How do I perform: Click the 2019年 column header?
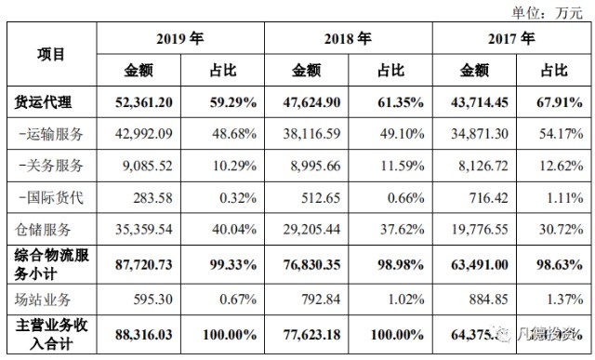tap(180, 39)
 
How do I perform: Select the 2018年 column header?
tap(348, 39)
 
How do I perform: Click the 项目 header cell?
tap(51, 54)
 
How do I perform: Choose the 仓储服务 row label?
tap(44, 228)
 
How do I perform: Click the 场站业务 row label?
tap(44, 298)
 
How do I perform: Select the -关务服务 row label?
tap(51, 166)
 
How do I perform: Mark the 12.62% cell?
tap(562, 166)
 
